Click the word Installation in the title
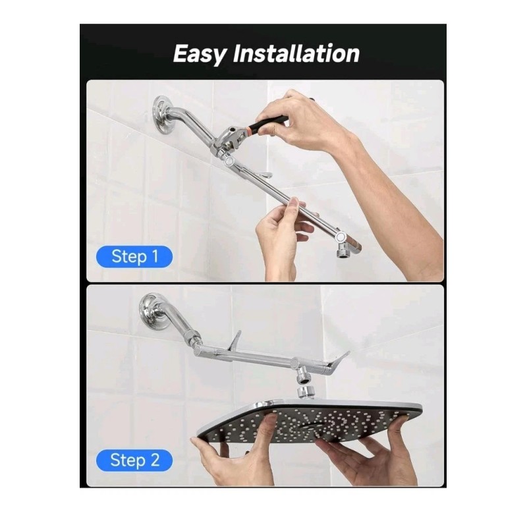pos(296,53)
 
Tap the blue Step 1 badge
pos(135,256)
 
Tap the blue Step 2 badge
pos(135,460)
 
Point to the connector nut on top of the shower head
pos(305,393)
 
